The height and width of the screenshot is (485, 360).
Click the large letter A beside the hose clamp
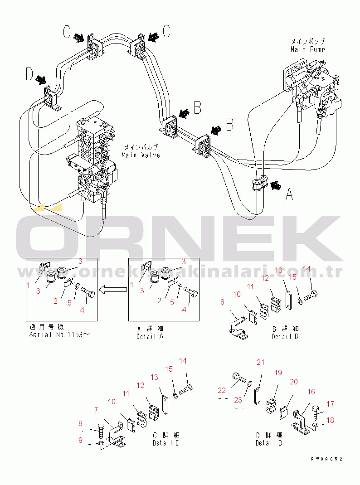point(289,194)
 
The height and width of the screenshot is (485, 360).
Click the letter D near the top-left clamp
point(29,74)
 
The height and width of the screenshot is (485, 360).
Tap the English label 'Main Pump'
point(307,49)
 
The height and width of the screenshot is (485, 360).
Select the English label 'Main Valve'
point(141,155)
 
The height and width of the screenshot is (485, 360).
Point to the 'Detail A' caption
point(150,336)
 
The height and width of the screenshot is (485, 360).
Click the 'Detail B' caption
point(285,336)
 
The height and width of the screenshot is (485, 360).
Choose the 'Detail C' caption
point(165,443)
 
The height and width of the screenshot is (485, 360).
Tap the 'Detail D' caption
point(269,443)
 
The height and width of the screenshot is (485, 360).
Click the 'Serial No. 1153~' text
point(59,335)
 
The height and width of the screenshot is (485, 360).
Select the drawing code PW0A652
point(326,459)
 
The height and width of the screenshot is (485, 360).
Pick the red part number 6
point(223,302)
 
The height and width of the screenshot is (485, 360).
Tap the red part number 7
point(96,410)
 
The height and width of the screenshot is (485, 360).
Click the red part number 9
point(81,440)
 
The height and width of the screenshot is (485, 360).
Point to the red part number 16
point(311,392)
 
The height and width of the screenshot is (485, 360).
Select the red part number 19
point(277,373)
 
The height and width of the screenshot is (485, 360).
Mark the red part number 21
point(260,362)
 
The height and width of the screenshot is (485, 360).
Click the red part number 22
point(222,390)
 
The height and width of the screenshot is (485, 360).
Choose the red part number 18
point(330,420)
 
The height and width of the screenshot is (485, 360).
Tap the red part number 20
point(294,382)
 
